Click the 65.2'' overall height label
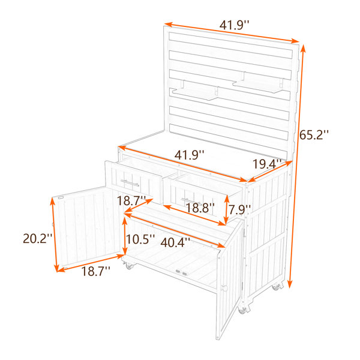[x=314, y=135]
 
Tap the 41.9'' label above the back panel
[x=234, y=25]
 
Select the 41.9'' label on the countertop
[x=189, y=155]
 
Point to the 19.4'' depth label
[x=267, y=164]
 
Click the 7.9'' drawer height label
[x=239, y=209]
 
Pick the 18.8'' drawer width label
[x=200, y=208]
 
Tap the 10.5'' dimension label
[x=140, y=239]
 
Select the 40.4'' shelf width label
[x=175, y=242]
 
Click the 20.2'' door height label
[x=38, y=239]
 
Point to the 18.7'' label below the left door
[x=96, y=271]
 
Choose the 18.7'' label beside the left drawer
[x=131, y=200]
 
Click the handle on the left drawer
[x=130, y=183]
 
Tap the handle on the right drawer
[x=191, y=201]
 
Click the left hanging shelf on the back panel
[x=196, y=91]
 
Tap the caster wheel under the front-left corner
[x=129, y=266]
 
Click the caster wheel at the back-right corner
[x=277, y=287]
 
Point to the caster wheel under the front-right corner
[x=242, y=310]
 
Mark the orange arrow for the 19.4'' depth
[x=271, y=171]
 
